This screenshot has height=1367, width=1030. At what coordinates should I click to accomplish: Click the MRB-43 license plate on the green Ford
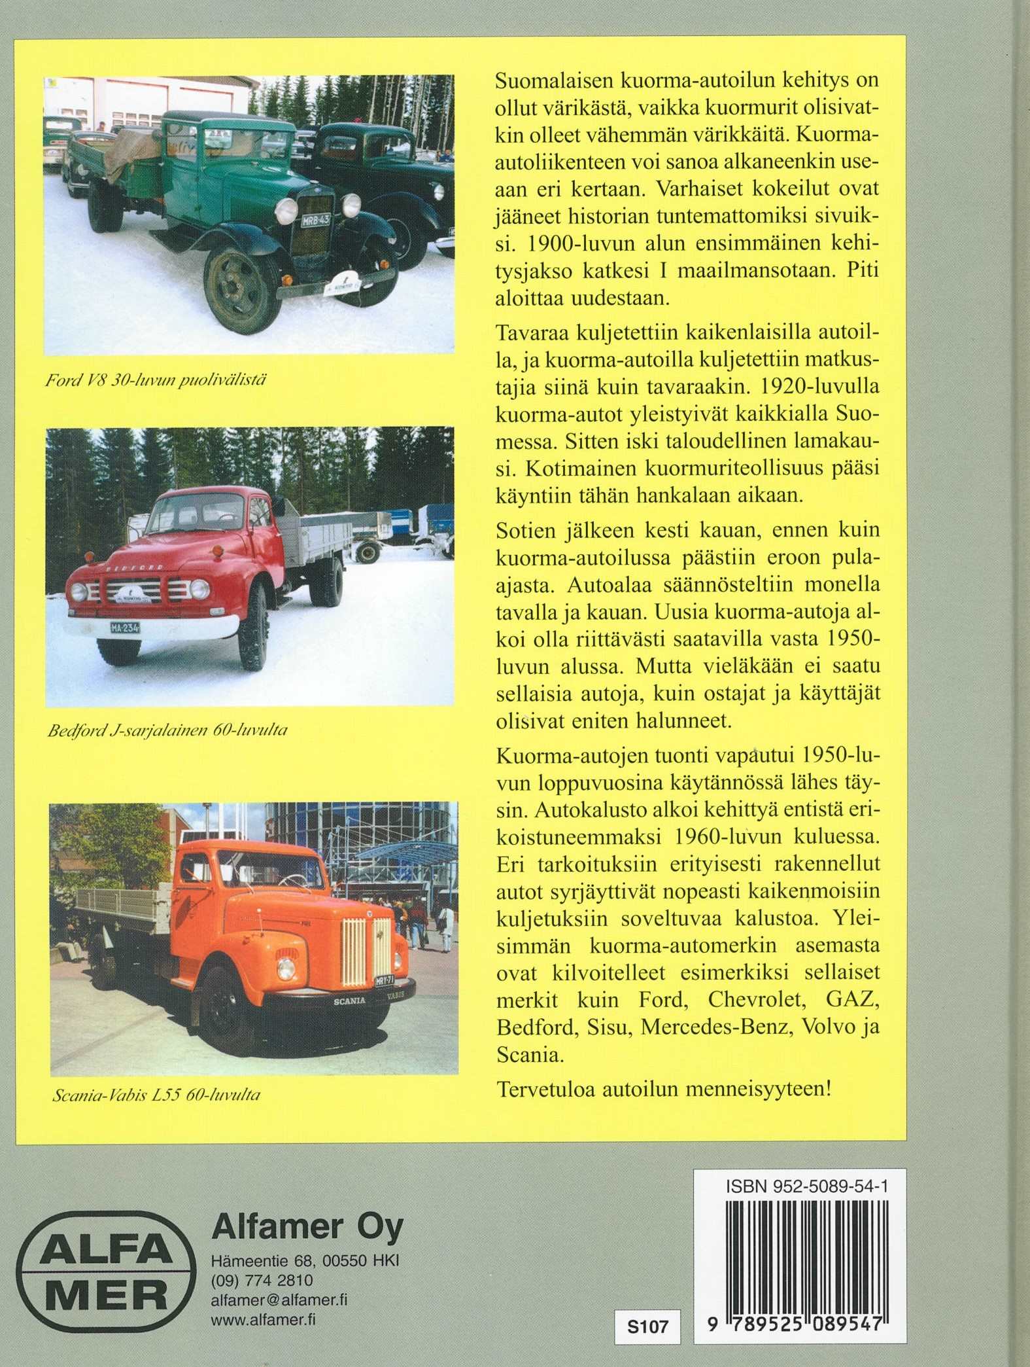pos(316,221)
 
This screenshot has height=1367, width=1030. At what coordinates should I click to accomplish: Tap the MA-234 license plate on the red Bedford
pos(124,628)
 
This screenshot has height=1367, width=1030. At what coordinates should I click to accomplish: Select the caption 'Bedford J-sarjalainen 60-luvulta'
pos(167,730)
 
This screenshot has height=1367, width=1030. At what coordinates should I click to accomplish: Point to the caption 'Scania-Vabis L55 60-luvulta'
pos(156,1094)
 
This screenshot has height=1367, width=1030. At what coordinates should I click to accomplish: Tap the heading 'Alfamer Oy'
pos(307,1227)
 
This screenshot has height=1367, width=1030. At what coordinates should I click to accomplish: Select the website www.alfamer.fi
pos(264,1319)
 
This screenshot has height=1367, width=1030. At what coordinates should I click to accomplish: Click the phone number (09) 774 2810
pos(262,1280)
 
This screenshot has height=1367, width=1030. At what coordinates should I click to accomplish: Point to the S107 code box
pos(647,1326)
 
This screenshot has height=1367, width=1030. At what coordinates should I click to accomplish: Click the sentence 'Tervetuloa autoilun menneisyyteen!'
pos(664,1090)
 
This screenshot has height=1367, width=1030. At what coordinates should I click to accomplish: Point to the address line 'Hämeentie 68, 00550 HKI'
pos(305,1260)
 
